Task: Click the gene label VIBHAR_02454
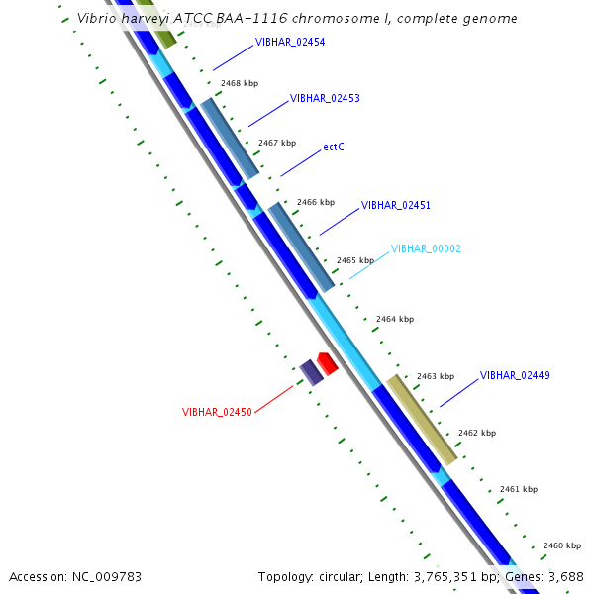290,43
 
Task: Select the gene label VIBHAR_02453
325,99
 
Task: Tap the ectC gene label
334,148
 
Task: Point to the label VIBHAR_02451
396,205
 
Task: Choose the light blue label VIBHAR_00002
426,248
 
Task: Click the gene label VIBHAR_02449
515,375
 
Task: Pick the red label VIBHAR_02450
217,412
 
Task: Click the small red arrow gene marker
328,362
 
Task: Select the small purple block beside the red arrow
311,372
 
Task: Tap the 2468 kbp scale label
240,84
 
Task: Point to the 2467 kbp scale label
277,143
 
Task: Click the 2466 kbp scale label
316,202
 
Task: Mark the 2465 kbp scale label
355,260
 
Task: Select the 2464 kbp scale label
395,319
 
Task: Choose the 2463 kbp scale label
436,376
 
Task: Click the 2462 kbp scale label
477,433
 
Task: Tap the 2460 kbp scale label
562,545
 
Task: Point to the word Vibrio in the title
94,18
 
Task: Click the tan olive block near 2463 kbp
422,419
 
